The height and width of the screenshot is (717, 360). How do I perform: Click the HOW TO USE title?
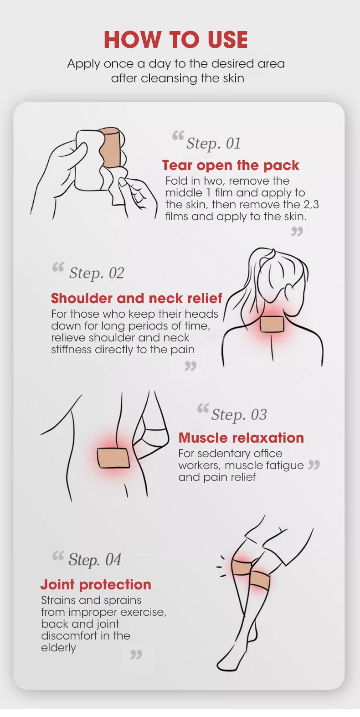[176, 40]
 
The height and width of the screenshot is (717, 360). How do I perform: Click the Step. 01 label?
[213, 144]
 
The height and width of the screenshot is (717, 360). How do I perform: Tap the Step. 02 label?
[96, 273]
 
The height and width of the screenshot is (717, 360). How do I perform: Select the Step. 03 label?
[239, 415]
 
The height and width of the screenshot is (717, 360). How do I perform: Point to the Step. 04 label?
[95, 560]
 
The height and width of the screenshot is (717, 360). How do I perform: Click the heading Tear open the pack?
[231, 165]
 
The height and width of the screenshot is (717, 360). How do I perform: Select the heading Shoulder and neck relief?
[136, 298]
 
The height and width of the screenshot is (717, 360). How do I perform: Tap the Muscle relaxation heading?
[241, 438]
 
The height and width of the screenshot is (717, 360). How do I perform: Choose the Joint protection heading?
[96, 584]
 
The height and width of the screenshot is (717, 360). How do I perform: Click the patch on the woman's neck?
[271, 324]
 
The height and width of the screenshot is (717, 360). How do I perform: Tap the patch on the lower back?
[113, 458]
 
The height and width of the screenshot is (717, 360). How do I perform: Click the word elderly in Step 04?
[59, 648]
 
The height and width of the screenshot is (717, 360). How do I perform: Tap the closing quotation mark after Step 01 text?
[297, 232]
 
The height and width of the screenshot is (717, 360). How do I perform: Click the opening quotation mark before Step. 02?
[58, 267]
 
